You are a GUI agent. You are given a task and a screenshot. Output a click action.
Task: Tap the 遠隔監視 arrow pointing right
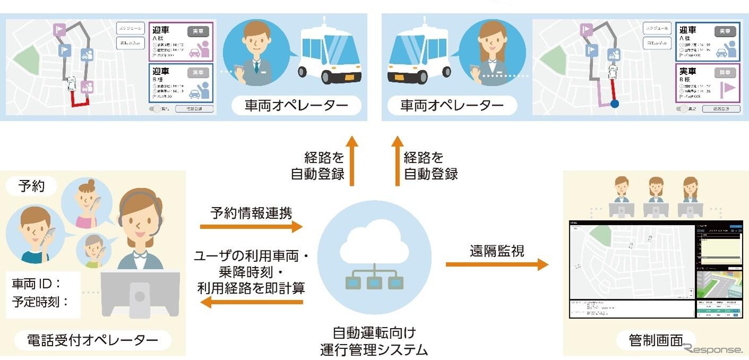(496, 264)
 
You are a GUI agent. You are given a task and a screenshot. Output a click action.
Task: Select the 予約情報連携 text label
(251, 213)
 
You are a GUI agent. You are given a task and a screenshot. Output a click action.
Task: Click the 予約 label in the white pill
(31, 186)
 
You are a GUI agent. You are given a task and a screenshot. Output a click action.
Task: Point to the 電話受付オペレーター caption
(92, 340)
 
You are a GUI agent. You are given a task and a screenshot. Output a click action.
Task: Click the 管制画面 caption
(656, 340)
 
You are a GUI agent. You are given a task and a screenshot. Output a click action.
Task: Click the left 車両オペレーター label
(296, 106)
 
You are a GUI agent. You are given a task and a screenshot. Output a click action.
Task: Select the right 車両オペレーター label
(452, 106)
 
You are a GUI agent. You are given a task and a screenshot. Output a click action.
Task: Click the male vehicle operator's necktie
(256, 66)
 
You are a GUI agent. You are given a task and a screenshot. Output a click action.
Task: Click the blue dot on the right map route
(615, 104)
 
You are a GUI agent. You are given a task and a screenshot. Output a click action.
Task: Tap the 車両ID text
(37, 284)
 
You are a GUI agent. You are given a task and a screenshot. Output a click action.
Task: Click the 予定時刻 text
(40, 303)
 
